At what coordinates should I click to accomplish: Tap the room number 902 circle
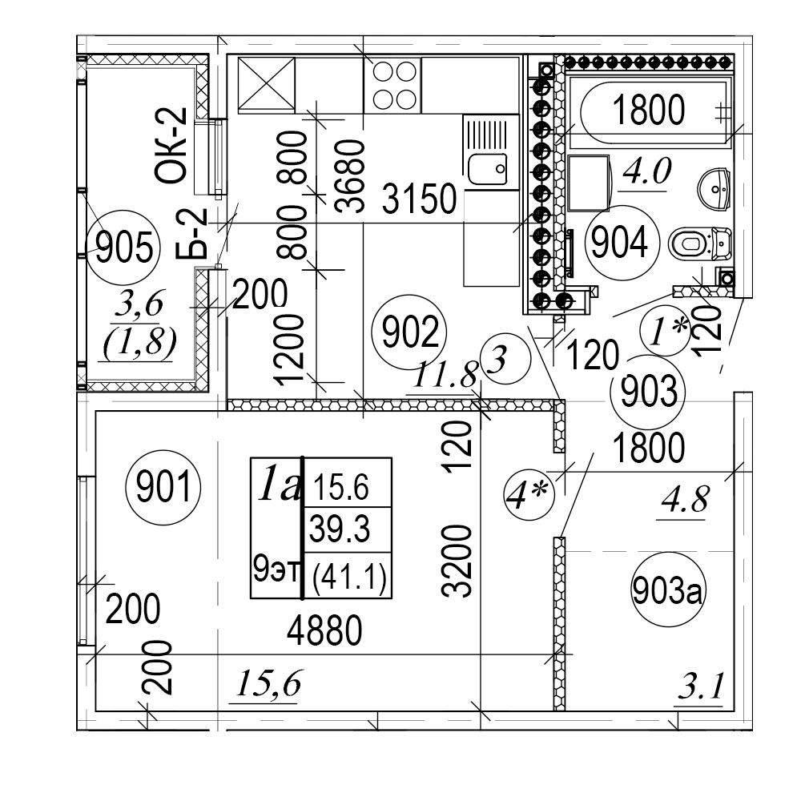click(x=407, y=333)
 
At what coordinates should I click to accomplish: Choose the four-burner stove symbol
click(x=392, y=84)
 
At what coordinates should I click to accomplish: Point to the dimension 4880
click(x=325, y=633)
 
